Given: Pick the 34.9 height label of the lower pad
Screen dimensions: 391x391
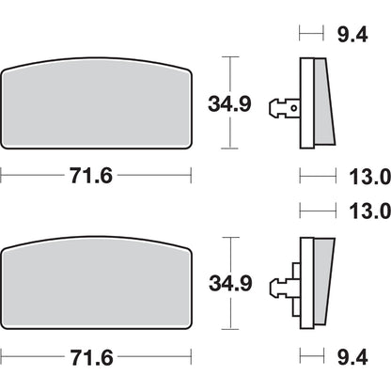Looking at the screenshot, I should coord(230,282).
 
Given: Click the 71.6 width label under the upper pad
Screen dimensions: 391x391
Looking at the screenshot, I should coord(94,175).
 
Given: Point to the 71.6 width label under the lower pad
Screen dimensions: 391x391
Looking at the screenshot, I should coord(94,355).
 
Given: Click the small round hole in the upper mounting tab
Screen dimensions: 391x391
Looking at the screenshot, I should coord(291,108).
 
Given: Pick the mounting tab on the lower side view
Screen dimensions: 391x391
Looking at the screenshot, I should coord(283,285).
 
